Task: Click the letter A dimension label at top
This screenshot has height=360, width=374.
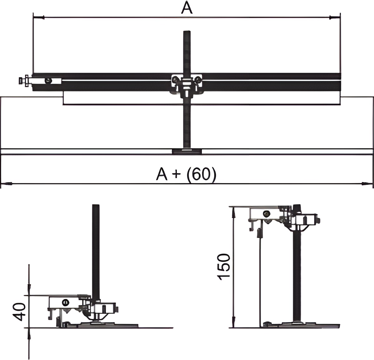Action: coord(187,8)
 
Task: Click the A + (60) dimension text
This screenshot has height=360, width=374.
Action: coord(186,174)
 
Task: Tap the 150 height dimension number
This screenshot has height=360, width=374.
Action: coord(224,267)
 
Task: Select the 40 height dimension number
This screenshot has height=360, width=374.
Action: coord(19,312)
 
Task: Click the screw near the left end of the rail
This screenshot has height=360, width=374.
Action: coord(48,81)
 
